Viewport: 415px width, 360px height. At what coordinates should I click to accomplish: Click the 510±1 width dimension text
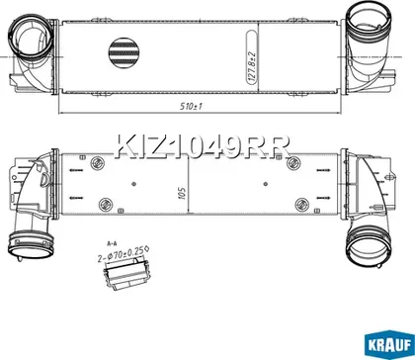coord(191,106)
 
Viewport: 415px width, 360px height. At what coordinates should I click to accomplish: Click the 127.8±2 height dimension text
coord(253,65)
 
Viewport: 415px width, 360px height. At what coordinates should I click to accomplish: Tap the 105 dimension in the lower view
coord(183,193)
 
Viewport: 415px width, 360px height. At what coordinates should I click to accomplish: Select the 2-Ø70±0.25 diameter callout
coord(122,255)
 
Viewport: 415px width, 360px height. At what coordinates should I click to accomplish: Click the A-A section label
coord(113,243)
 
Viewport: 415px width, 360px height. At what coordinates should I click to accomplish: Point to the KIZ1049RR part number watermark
coord(203,145)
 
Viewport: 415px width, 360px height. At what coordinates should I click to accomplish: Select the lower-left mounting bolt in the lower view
coord(106,204)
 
